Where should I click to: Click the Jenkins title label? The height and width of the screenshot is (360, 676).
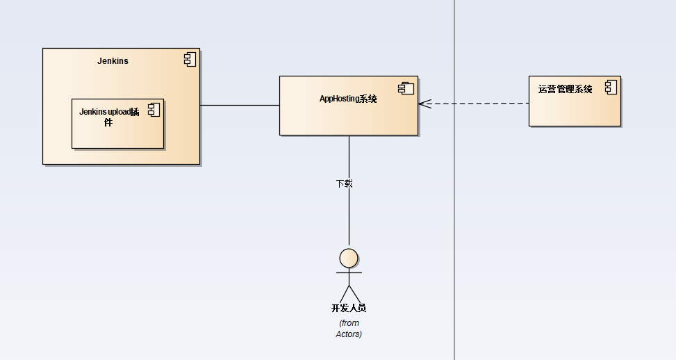click(x=113, y=60)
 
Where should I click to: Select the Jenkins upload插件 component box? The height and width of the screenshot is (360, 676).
click(x=117, y=124)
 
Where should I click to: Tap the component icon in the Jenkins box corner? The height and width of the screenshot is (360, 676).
click(x=190, y=60)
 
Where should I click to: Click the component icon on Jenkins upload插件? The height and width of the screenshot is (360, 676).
click(x=154, y=110)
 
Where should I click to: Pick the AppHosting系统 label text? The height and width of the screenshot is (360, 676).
click(x=348, y=99)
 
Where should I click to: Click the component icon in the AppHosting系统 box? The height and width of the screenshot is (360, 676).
click(x=406, y=88)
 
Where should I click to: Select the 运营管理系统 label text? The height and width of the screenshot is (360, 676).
click(x=566, y=89)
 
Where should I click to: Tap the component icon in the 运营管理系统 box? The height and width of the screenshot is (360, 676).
click(x=611, y=87)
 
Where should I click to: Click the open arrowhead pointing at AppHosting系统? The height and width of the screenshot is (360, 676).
click(x=424, y=104)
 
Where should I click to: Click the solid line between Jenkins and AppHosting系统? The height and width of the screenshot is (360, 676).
click(x=240, y=105)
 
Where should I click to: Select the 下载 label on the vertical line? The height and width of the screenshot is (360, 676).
click(x=344, y=183)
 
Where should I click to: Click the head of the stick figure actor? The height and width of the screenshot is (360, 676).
click(x=349, y=259)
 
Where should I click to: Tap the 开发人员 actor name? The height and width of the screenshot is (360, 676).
click(x=349, y=308)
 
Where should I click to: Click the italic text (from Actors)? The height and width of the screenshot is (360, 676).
click(x=349, y=329)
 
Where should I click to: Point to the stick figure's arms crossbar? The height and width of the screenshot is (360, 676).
click(x=349, y=272)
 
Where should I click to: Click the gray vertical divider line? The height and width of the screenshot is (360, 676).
click(x=454, y=180)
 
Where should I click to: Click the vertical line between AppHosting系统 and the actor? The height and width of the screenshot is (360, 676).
click(x=349, y=190)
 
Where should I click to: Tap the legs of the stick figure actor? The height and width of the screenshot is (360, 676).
click(x=349, y=294)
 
